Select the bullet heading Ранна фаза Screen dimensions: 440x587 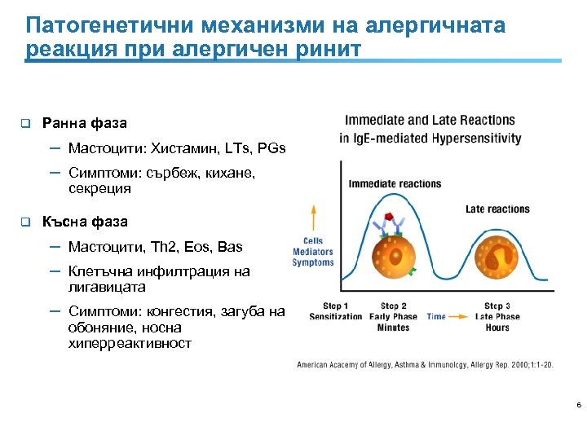(85, 124)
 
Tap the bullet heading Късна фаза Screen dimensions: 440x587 (85, 222)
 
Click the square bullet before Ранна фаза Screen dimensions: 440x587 (25, 124)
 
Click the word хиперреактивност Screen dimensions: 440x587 (130, 344)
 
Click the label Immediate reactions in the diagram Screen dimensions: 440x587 (395, 183)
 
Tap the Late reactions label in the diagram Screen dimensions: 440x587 (497, 209)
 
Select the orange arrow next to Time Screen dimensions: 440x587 (463, 316)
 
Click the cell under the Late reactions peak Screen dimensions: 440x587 (497, 259)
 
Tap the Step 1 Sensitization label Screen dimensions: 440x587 (336, 311)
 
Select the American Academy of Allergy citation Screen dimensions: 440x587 (425, 365)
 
